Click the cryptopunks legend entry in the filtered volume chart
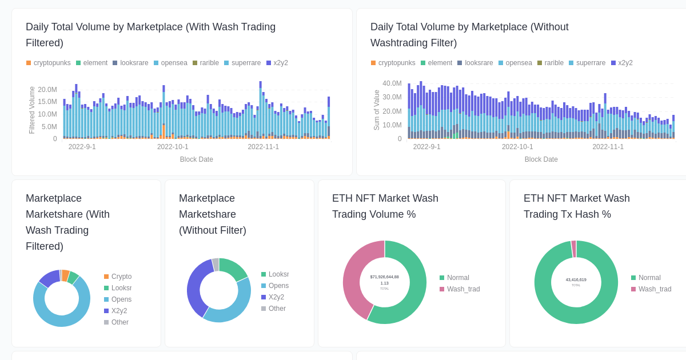tap(49, 63)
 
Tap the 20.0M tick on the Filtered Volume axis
tap(47, 90)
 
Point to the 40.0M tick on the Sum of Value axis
tap(392, 83)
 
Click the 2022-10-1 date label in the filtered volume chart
tap(173, 147)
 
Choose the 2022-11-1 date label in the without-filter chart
tap(608, 147)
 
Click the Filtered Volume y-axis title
tap(32, 110)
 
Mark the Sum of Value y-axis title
tap(377, 110)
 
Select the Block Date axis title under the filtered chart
tap(196, 159)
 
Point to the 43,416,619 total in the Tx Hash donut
tap(576, 280)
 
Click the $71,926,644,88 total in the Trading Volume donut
tap(384, 277)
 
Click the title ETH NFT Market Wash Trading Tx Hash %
tap(576, 206)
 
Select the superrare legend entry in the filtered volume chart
tap(242, 63)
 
